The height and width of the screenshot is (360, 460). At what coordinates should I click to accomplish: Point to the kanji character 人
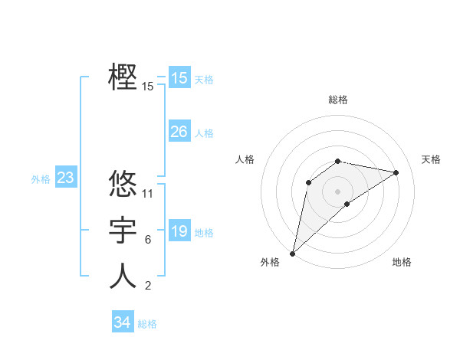123,277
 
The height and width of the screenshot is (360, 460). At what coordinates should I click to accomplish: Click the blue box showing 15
179,77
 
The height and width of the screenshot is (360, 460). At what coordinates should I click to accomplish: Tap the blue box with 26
179,132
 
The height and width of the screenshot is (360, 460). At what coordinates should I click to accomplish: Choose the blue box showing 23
66,178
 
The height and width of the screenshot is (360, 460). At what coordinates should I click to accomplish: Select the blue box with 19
179,231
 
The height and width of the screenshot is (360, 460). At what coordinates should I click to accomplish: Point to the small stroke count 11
148,193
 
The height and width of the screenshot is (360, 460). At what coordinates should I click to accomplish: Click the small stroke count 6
148,240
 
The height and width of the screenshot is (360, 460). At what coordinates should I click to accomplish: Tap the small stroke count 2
148,286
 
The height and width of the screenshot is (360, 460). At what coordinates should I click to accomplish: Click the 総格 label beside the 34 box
147,324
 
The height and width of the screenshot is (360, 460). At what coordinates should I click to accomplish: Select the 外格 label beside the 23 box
41,179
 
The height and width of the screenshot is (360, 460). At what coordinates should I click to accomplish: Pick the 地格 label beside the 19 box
204,233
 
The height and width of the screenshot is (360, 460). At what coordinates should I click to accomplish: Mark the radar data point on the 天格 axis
396,172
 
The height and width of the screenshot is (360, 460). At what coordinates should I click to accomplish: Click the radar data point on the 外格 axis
293,253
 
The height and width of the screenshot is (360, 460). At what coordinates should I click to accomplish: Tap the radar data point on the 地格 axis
347,204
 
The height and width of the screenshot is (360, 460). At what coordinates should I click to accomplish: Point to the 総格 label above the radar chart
338,100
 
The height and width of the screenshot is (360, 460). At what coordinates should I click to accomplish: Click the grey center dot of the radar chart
337,191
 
